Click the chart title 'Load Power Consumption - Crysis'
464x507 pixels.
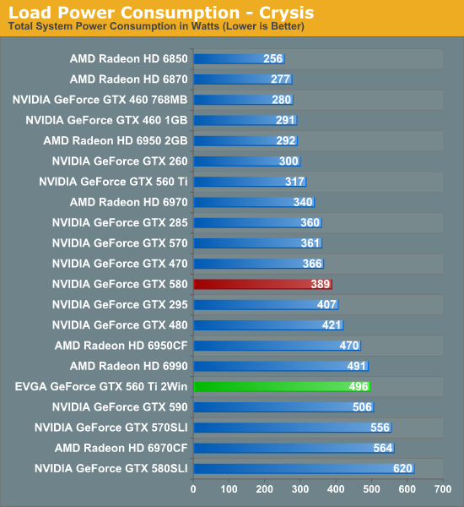click(x=161, y=13)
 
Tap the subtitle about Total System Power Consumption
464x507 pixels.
click(x=156, y=27)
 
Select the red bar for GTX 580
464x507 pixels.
click(x=262, y=284)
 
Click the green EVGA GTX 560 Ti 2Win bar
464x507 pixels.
click(x=282, y=386)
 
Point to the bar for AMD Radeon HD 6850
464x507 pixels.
click(x=239, y=59)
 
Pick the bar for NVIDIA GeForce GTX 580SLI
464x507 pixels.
click(x=304, y=468)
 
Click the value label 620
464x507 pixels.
click(x=402, y=468)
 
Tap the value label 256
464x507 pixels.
click(x=272, y=59)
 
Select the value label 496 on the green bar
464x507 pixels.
click(x=359, y=386)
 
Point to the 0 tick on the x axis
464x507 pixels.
click(x=194, y=488)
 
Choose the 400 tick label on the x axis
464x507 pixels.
click(x=336, y=488)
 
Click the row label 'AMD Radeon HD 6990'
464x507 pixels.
click(x=128, y=366)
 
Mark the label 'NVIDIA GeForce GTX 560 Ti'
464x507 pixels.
click(x=113, y=182)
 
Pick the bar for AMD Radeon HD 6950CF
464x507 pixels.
click(x=277, y=346)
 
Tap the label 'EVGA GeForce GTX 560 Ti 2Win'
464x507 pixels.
click(x=101, y=386)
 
